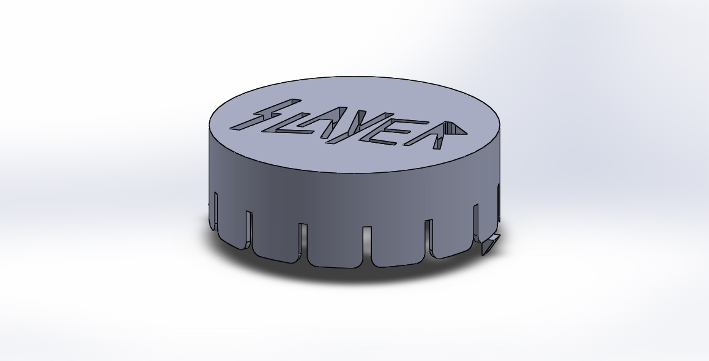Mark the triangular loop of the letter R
point(454,129)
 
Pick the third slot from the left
point(303,239)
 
